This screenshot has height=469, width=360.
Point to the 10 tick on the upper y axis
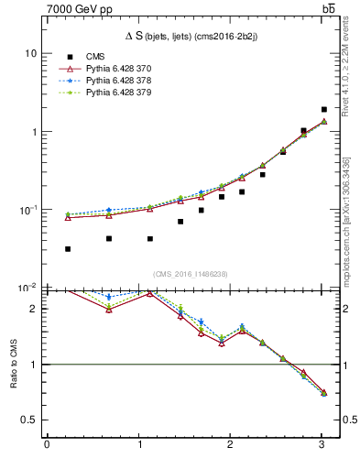pyautogui.click(x=30, y=53)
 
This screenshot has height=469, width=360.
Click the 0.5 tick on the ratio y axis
pyautogui.click(x=27, y=420)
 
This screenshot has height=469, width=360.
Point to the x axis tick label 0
pyautogui.click(x=47, y=445)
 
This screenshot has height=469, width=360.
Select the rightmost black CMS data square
pyautogui.click(x=324, y=109)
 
